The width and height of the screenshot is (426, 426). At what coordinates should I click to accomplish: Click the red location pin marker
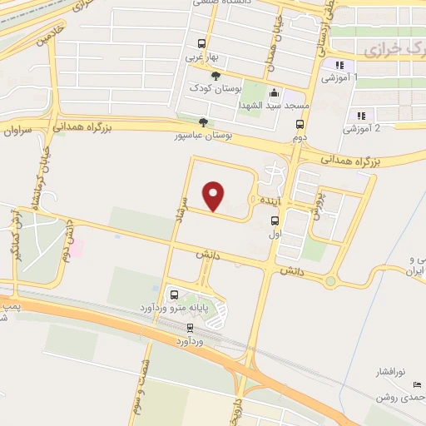(x=215, y=195)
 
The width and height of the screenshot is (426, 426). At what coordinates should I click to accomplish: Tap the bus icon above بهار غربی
(x=201, y=44)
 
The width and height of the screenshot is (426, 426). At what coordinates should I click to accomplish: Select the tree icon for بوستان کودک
(x=216, y=77)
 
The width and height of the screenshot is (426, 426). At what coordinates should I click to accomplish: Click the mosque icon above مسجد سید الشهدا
(x=275, y=93)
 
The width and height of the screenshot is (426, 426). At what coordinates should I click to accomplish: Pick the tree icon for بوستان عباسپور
(x=204, y=122)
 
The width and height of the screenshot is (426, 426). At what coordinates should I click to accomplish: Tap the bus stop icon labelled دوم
(x=300, y=124)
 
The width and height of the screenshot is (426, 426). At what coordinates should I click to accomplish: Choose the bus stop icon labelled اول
(x=275, y=220)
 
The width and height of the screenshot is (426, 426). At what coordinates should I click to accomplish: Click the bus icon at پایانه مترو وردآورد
(x=174, y=295)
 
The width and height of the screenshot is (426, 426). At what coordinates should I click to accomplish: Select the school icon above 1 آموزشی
(x=339, y=66)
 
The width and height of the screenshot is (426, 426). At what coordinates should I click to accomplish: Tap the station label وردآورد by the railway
(x=190, y=341)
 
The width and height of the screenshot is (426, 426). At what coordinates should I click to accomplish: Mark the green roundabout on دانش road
(x=330, y=280)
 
